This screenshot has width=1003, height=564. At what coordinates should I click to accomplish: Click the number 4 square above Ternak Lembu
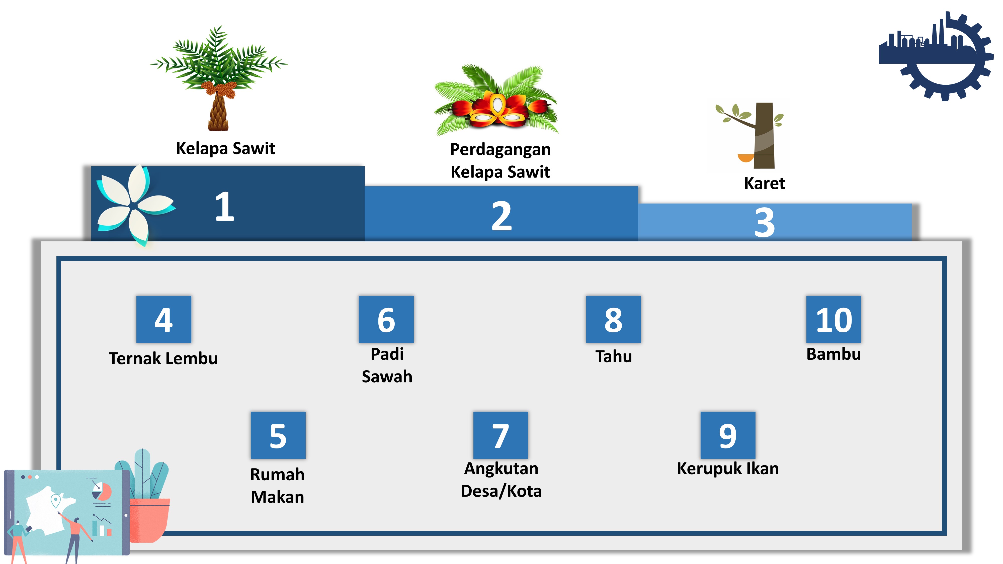coord(163,319)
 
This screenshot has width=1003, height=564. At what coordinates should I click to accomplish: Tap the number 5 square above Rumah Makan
coord(278,435)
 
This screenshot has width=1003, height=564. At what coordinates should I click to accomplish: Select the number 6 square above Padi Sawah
coord(386,319)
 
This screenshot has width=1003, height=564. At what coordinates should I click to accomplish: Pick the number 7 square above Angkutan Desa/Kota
coord(500,435)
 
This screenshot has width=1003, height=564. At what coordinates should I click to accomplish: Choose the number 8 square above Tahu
coord(613,319)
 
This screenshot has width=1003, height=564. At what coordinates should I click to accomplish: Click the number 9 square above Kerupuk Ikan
coord(727,435)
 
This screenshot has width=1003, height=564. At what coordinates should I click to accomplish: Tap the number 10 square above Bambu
coord(833,319)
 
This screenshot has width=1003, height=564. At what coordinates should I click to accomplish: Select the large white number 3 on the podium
coord(764,222)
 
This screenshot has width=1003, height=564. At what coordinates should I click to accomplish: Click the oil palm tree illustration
coord(219,78)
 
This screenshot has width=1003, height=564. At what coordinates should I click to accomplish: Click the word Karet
coord(764,183)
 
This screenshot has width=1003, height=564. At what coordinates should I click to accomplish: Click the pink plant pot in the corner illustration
coord(150,520)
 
